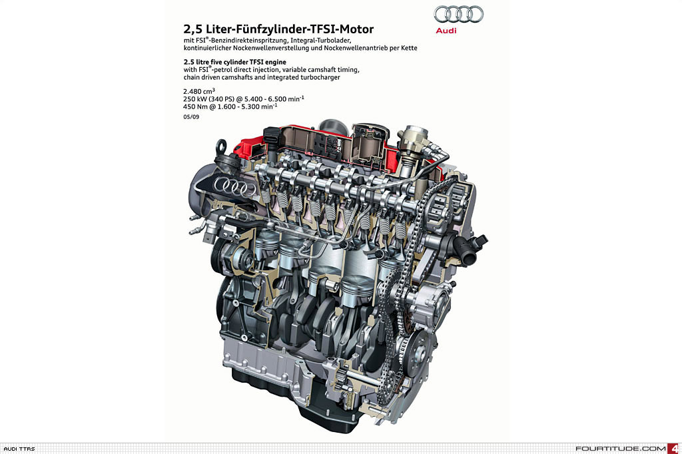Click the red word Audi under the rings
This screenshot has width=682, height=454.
click(x=446, y=31)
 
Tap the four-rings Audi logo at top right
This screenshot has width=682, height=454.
click(x=458, y=15)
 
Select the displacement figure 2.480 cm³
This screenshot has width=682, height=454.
click(x=199, y=91)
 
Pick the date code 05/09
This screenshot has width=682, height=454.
click(x=191, y=116)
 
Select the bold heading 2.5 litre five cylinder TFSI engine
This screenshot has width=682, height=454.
click(x=235, y=62)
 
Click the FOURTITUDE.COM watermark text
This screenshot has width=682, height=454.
click(x=621, y=449)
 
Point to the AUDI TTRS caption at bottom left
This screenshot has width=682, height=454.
click(x=19, y=449)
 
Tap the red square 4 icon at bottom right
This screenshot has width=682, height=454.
click(x=675, y=449)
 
